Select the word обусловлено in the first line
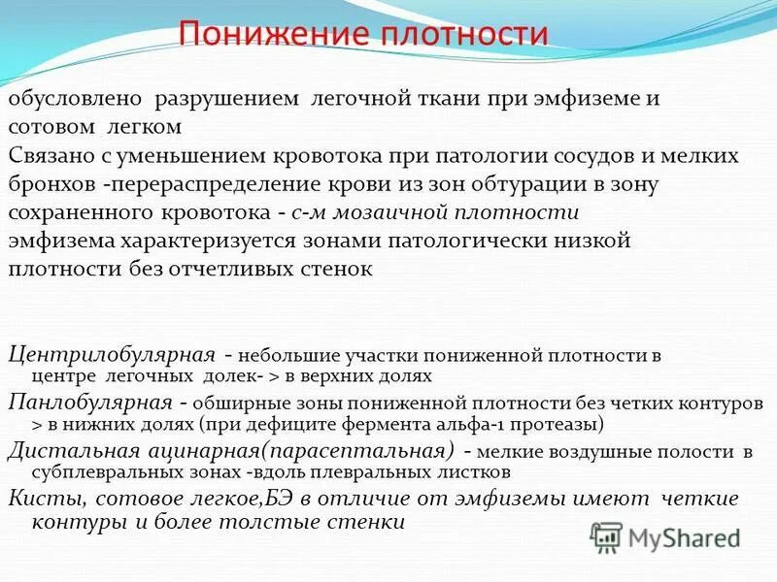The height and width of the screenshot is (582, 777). pyautogui.click(x=76, y=100)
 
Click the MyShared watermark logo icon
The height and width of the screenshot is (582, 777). pyautogui.click(x=607, y=536)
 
